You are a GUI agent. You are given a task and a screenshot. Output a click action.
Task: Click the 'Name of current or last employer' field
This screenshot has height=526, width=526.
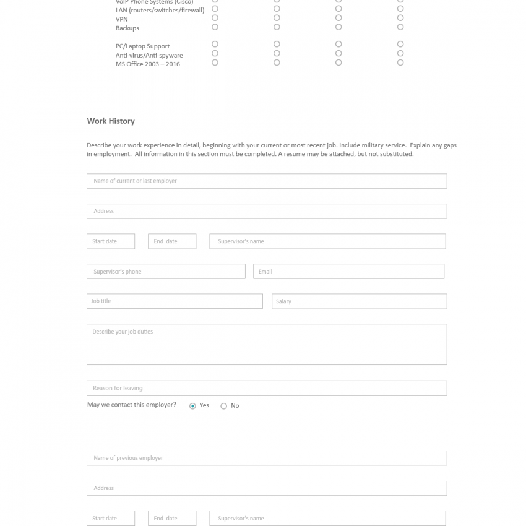point(266,181)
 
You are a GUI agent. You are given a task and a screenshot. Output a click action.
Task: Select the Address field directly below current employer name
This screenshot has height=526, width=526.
point(266,211)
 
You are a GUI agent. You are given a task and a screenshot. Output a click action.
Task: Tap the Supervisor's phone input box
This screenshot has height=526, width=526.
point(166,272)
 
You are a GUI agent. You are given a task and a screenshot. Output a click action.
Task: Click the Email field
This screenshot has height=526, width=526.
point(348,272)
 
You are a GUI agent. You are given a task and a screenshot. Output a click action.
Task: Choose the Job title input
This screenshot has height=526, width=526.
point(175,301)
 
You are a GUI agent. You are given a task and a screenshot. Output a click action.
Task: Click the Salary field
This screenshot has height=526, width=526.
point(359,301)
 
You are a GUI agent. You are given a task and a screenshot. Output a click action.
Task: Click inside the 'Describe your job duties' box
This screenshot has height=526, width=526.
point(266,344)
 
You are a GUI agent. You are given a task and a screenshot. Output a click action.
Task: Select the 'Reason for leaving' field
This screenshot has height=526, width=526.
point(266,388)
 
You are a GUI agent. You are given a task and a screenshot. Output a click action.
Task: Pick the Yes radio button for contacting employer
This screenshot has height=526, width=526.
point(192,406)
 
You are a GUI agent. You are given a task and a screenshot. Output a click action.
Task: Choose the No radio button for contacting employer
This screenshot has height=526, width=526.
point(223,406)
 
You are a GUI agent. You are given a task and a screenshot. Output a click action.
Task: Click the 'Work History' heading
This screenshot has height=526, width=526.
point(111,121)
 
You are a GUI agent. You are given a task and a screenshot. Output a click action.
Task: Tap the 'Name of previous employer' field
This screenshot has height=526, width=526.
point(266,458)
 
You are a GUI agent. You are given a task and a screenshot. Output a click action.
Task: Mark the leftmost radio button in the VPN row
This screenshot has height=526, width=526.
point(215,18)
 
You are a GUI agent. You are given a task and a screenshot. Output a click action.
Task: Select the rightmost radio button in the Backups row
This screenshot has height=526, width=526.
point(400,27)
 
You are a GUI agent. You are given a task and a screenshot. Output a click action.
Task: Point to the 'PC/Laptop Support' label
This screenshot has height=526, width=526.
point(142,46)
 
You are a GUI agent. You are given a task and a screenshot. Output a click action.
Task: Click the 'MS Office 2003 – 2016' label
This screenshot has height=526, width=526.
point(148,64)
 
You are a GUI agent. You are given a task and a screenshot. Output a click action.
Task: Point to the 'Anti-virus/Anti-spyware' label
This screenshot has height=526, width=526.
point(149,55)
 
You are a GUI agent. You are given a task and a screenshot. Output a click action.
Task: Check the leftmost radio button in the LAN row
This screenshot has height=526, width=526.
point(215,9)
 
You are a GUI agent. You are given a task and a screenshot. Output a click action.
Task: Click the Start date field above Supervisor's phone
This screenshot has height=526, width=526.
point(111,241)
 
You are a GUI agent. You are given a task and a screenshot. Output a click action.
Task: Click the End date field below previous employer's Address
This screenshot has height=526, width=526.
point(172,519)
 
